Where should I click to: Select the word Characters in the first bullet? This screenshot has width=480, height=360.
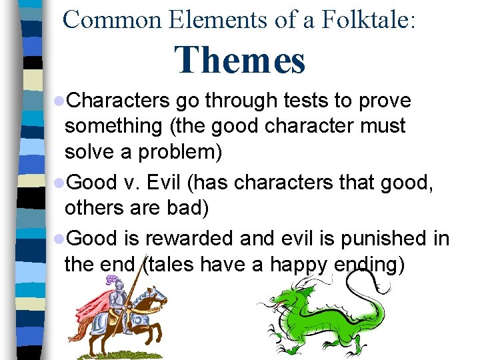point(119,101)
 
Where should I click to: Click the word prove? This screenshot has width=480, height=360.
point(385,101)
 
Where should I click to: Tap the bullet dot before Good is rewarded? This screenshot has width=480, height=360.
point(60,239)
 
